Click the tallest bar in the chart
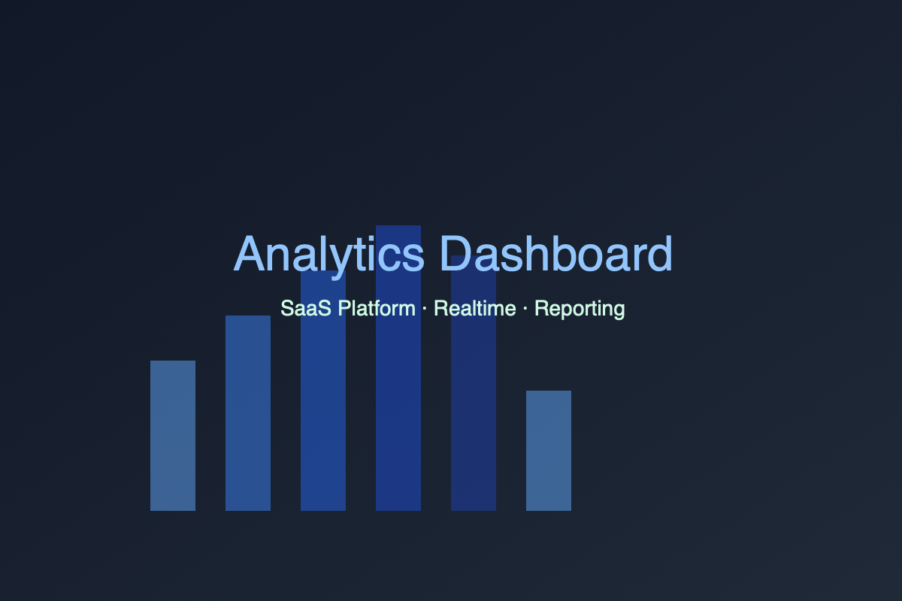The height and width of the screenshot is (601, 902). click(398, 391)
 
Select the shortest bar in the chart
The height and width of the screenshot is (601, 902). click(549, 451)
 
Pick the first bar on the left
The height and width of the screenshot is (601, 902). click(173, 436)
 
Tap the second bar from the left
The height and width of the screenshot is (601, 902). click(248, 413)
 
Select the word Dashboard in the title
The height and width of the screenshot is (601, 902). click(555, 255)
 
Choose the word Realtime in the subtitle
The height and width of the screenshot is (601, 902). click(475, 309)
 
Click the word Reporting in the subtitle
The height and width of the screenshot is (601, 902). click(580, 309)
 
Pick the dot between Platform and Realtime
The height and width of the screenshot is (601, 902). click(425, 309)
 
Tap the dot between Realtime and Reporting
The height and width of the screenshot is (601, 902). click(525, 309)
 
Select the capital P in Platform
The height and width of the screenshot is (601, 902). click(343, 309)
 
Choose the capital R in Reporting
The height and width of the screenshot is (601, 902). click(541, 309)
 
